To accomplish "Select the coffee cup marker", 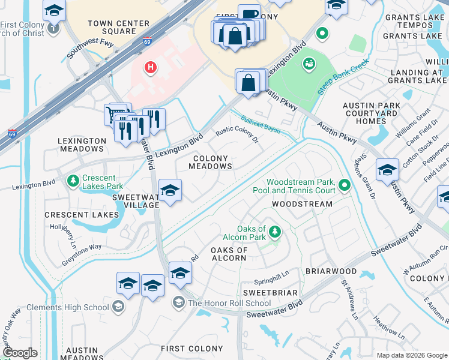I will coord(249,14).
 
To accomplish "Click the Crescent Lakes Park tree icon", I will coord(73,180).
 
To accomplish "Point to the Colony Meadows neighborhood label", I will coord(210,163).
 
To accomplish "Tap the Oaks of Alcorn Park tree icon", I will coord(274,231).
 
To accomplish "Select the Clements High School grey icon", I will coord(118,307).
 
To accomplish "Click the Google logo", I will coord(20,353).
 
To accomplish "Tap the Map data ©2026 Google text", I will coord(411,355).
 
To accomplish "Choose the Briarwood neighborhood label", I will coord(331,271).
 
